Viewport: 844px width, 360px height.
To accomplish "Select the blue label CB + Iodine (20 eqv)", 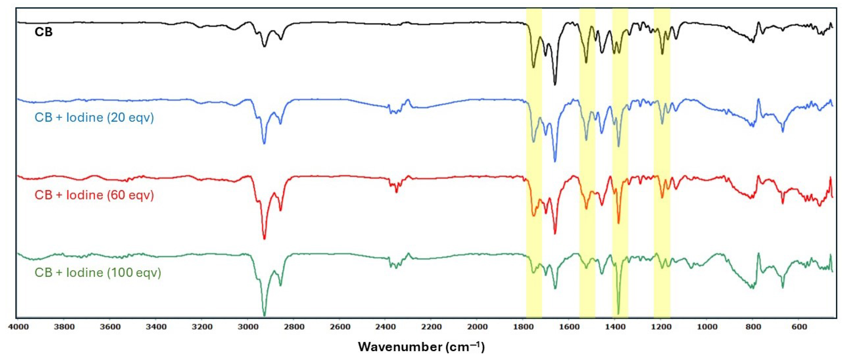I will (94, 117).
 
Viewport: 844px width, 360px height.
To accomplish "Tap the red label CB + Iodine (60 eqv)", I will (94, 195).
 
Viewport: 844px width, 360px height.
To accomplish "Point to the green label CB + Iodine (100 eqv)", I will (98, 273).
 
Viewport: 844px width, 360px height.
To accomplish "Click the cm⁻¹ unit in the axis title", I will (465, 347).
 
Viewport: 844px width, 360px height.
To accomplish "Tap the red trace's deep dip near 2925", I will (265, 239).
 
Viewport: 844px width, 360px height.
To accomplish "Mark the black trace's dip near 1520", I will (586, 63).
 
